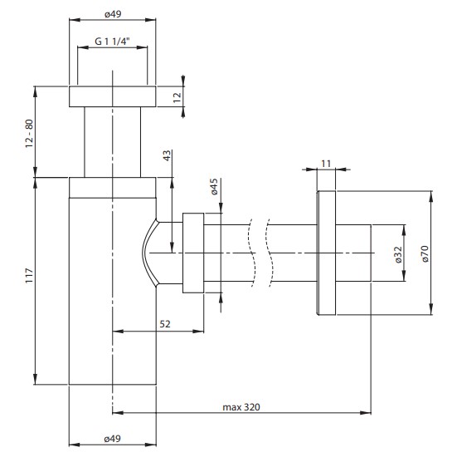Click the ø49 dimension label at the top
coord(113,14)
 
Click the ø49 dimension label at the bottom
coord(112,439)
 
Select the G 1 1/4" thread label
coord(112,42)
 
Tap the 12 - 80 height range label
coord(29,134)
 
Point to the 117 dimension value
coord(29,276)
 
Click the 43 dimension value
coord(167,155)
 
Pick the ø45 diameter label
coord(214,186)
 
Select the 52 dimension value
coord(165,324)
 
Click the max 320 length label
coord(241,407)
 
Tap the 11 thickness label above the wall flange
coord(326,163)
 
